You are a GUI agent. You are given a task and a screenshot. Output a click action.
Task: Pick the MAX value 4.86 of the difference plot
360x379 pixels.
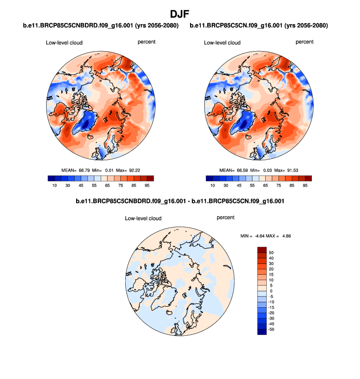coord(286,235)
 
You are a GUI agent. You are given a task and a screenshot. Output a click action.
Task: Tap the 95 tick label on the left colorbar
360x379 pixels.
coord(146,186)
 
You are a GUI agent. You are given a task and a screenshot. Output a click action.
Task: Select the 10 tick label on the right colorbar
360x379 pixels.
coord(212,186)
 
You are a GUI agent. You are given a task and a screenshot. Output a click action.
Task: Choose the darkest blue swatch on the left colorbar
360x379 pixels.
coord(52,178)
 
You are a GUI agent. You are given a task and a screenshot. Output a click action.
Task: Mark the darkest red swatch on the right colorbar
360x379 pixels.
coord(307,178)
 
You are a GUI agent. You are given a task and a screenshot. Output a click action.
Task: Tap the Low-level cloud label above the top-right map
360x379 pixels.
coord(222,43)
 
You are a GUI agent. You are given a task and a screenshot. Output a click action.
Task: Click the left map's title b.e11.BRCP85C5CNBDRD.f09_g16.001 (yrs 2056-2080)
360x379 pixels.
coord(101,25)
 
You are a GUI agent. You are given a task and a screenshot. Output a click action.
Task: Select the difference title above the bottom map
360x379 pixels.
coord(180,201)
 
